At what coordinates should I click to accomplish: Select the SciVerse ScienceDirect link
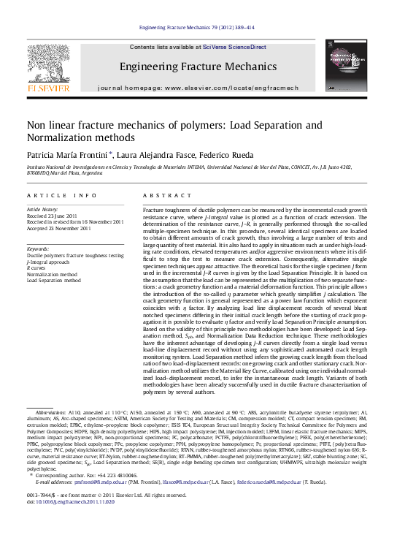click(233, 47)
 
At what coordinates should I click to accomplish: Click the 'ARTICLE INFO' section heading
click(62, 196)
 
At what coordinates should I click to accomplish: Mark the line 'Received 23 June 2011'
click(52, 216)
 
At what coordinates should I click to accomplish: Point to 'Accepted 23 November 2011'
click(58, 228)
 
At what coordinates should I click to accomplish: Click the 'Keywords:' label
click(38, 249)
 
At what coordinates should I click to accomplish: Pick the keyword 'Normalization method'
click(52, 273)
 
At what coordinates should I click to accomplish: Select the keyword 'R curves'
click(36, 267)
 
